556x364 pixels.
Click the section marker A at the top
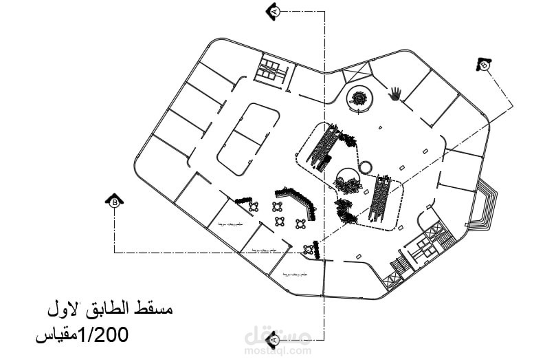click(274, 11)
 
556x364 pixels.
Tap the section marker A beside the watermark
click(274, 339)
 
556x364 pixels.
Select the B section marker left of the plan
click(115, 200)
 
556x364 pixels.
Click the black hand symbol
click(395, 94)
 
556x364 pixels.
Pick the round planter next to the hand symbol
click(359, 98)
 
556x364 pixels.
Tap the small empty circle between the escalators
click(365, 167)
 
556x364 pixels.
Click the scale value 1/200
click(104, 336)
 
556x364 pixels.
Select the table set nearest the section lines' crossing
click(300, 222)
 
